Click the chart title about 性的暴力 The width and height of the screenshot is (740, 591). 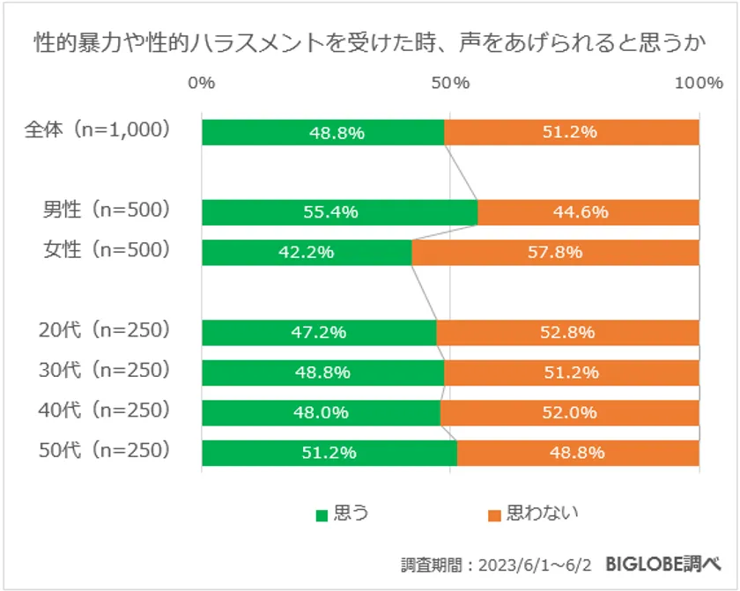point(369,41)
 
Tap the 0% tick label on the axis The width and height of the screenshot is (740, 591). point(202,83)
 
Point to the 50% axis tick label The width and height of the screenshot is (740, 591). point(450,83)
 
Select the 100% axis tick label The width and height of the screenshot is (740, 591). point(698,83)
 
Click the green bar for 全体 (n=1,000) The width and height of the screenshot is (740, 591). point(322,132)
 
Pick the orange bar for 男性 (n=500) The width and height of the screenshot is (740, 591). point(588,212)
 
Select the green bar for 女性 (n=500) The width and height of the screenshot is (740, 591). point(307,253)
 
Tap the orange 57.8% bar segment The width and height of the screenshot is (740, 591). point(555,253)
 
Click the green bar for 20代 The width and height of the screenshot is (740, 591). point(319,332)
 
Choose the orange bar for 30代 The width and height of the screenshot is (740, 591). point(572,372)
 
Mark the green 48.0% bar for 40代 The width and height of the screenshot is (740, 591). point(321,412)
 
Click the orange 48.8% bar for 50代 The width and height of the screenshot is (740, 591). point(578,453)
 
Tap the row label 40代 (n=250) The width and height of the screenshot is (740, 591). point(104,410)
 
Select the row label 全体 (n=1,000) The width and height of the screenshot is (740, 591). point(97,129)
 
